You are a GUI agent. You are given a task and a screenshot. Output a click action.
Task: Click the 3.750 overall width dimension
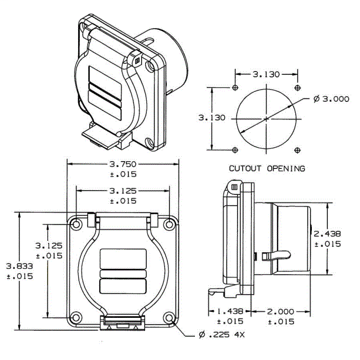pos(122,164)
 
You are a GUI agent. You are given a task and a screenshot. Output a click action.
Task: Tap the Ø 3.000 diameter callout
pos(331,99)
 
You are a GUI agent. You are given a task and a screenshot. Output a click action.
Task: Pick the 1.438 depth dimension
pos(227,312)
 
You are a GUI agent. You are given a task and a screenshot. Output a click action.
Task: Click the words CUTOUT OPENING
pos(267,168)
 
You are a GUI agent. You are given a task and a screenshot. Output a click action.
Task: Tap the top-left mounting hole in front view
pos(75,224)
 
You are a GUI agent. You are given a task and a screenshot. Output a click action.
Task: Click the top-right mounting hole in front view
pos(169,224)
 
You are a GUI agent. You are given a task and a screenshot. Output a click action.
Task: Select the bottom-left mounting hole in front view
pos(75,318)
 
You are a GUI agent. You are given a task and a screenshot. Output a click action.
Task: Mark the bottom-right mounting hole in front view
pos(169,318)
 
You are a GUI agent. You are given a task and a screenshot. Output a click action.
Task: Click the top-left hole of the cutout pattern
pos(236,88)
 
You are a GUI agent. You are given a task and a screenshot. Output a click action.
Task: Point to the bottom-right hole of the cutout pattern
pos(298,150)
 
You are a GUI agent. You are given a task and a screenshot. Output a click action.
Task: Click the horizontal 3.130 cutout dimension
pos(266,74)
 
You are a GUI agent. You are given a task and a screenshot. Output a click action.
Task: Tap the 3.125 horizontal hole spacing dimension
pos(122,191)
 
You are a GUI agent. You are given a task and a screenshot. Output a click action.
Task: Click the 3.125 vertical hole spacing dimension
pos(49,245)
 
